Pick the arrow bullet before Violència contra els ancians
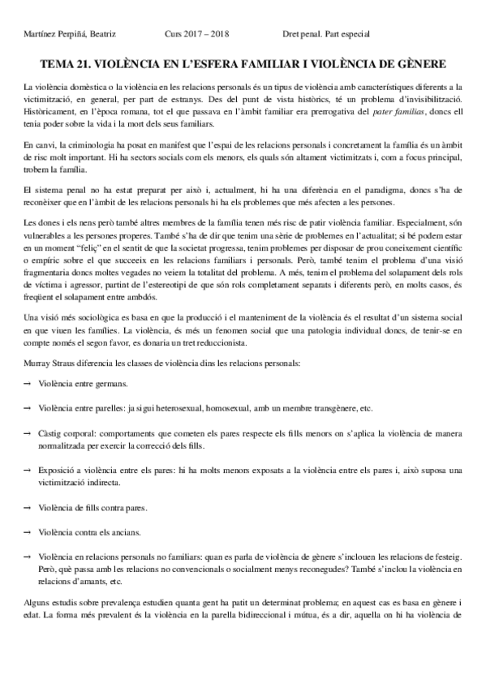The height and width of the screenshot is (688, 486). tap(27, 532)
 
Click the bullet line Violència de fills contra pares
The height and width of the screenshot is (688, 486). tap(86, 507)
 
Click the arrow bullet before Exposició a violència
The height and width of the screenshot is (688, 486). tap(27, 471)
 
